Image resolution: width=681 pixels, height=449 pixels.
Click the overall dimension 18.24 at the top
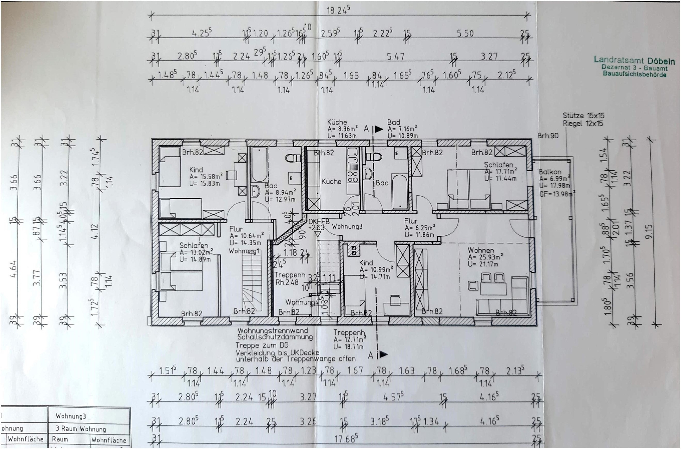pyautogui.click(x=338, y=10)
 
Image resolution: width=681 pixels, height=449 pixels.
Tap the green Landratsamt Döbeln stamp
pyautogui.click(x=634, y=67)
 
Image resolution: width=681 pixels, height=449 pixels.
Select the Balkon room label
pyautogui.click(x=550, y=172)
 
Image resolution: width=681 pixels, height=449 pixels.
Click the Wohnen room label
pyautogui.click(x=481, y=250)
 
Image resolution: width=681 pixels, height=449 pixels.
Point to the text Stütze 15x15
pyautogui.click(x=583, y=116)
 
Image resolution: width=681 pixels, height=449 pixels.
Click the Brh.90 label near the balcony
pyautogui.click(x=548, y=135)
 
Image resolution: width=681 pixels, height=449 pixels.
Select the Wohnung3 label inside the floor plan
pyautogui.click(x=347, y=226)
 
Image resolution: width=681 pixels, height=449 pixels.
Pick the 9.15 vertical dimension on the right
pyautogui.click(x=649, y=231)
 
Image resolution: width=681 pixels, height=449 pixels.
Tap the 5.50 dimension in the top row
pyautogui.click(x=465, y=34)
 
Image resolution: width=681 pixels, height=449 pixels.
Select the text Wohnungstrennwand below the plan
pyautogui.click(x=273, y=331)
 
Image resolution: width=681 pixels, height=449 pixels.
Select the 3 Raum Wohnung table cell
pyautogui.click(x=81, y=429)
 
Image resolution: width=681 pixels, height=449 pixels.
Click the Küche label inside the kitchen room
pyautogui.click(x=331, y=181)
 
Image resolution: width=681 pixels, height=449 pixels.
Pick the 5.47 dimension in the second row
pyautogui.click(x=395, y=56)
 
